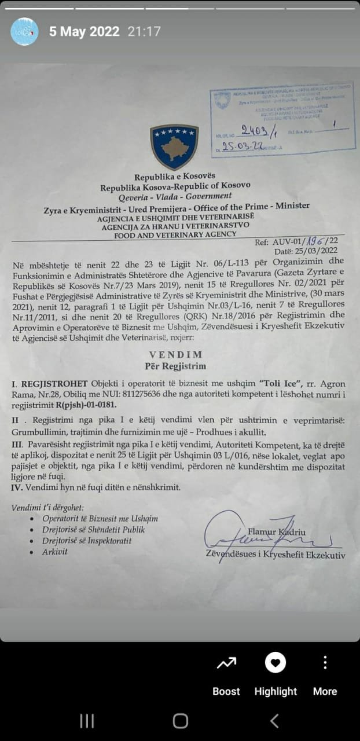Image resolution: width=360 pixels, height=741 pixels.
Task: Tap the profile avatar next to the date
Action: point(25,32)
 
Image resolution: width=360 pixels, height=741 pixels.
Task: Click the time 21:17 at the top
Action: point(144,32)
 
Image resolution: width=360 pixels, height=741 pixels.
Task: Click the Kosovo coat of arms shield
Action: point(174,146)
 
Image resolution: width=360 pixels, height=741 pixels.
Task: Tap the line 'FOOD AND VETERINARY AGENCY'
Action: point(175,234)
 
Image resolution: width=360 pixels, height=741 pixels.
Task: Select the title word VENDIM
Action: point(175,354)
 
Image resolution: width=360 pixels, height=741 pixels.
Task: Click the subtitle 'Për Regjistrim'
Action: point(175,366)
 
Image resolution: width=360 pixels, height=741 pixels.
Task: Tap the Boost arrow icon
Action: point(226,663)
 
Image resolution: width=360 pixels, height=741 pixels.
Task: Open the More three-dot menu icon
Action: point(325,663)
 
